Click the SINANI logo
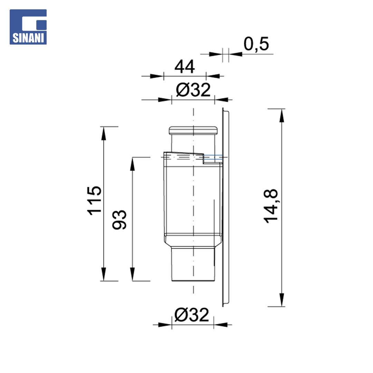tap(28, 27)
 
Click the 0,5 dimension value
tap(256, 44)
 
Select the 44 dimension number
tap(184, 67)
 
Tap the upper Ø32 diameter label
tap(193, 90)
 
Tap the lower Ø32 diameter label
tap(192, 315)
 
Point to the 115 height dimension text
tap(95, 201)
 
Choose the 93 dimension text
tap(119, 220)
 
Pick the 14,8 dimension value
tap(271, 206)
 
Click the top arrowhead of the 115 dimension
tap(104, 133)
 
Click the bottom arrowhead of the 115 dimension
tap(104, 274)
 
